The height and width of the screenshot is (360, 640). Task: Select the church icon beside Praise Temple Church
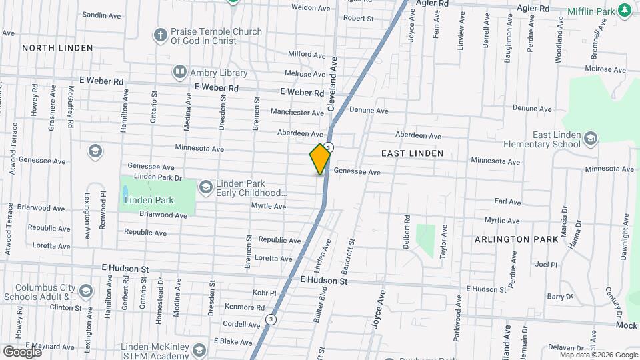click(x=160, y=35)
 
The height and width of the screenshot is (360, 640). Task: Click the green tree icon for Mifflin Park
click(x=624, y=11)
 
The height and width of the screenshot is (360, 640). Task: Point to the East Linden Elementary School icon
click(x=590, y=139)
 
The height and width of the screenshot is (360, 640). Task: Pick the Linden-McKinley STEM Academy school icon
click(x=199, y=351)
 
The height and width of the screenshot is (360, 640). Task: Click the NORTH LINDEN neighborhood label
click(x=57, y=48)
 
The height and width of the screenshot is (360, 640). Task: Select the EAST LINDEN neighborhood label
click(x=412, y=153)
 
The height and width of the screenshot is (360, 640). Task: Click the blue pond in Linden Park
click(x=126, y=193)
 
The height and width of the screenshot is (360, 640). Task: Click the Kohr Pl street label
click(x=264, y=293)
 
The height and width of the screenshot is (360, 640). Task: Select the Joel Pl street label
click(x=545, y=264)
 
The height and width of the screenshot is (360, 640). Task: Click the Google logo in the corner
click(x=21, y=351)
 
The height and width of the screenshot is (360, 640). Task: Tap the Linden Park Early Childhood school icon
click(x=206, y=187)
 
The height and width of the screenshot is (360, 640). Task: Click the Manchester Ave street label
click(x=297, y=113)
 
